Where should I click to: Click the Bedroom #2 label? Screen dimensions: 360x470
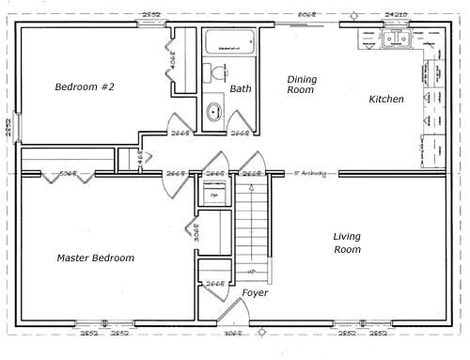point(84,87)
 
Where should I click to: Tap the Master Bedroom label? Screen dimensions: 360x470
point(95,258)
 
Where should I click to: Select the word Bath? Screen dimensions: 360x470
point(240,89)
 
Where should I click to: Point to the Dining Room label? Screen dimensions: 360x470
point(302,86)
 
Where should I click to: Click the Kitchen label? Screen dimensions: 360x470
point(385,99)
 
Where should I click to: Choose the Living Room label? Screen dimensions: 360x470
point(347,243)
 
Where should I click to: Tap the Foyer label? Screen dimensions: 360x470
point(256,293)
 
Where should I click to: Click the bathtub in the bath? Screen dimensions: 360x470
point(229,41)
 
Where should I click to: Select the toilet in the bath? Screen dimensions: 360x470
point(219,72)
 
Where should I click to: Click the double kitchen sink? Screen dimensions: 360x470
point(398,39)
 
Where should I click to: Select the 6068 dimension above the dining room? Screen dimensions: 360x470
point(306,15)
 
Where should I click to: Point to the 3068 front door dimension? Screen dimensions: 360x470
point(234,333)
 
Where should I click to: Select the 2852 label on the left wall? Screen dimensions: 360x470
point(8,128)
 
